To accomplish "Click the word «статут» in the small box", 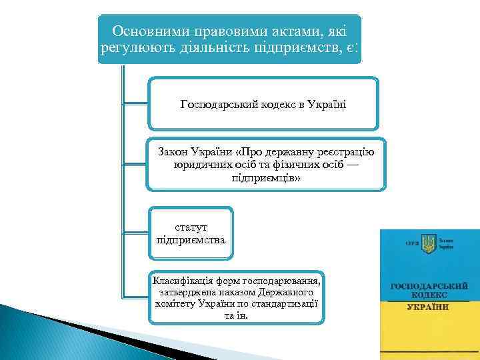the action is pos(191,227).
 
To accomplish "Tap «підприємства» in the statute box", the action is pos(191,239).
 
